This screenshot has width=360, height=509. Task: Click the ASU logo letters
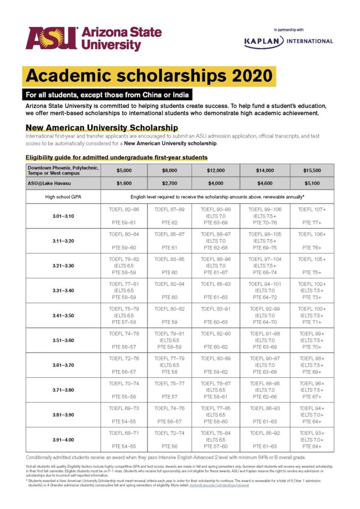51,39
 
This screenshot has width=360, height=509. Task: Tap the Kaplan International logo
288,41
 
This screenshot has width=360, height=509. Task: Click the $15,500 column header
312,170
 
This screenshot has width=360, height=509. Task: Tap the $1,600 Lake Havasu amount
123,183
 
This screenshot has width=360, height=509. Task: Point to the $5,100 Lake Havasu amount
312,183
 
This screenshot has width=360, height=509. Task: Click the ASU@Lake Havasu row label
47,183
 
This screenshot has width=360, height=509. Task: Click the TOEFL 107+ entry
312,210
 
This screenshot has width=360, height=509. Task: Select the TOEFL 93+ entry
312,433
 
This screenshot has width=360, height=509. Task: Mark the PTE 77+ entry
312,223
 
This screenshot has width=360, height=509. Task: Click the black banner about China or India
107,94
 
